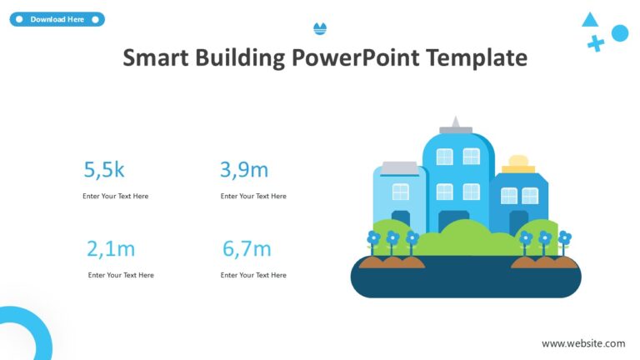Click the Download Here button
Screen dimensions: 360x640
[57, 19]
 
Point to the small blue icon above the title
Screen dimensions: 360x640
[320, 29]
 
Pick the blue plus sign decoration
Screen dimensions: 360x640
[595, 43]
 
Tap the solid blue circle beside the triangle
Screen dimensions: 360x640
[619, 33]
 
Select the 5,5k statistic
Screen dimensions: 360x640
[104, 170]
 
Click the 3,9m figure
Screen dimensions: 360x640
[244, 170]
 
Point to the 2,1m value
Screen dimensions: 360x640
[111, 248]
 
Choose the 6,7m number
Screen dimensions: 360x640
[247, 248]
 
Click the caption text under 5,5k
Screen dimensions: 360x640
[115, 197]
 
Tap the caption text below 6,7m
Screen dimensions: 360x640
[253, 275]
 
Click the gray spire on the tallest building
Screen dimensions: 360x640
[455, 124]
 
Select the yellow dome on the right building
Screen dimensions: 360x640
[518, 162]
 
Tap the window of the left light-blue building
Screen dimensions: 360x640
[401, 192]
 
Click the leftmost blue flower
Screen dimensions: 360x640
[373, 238]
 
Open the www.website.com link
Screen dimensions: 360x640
[583, 343]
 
